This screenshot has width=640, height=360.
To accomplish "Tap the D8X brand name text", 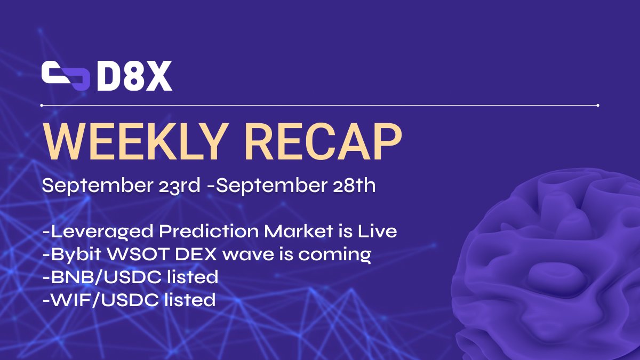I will [x=134, y=77].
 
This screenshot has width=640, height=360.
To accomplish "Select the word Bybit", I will [x=73, y=254].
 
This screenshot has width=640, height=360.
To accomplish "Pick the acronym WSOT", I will [x=139, y=254].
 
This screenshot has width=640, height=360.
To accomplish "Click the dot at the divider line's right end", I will [x=598, y=106].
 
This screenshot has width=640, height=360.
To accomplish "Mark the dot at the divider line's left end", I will [x=42, y=106].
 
